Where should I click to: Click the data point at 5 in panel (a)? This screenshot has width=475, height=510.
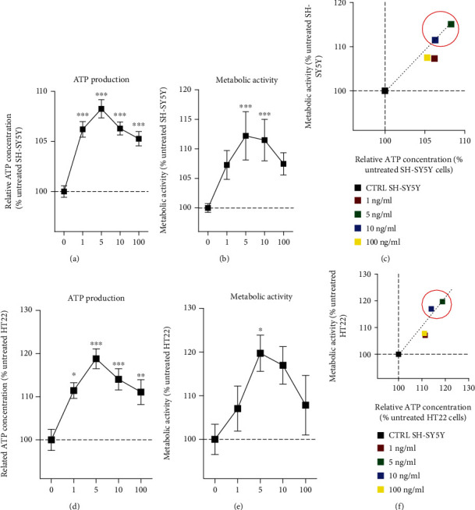(x=101, y=108)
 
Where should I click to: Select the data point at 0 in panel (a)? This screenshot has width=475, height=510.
(x=64, y=191)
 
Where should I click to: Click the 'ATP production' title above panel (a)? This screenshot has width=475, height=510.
(x=101, y=79)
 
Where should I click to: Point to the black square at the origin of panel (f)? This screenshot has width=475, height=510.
(x=399, y=354)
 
